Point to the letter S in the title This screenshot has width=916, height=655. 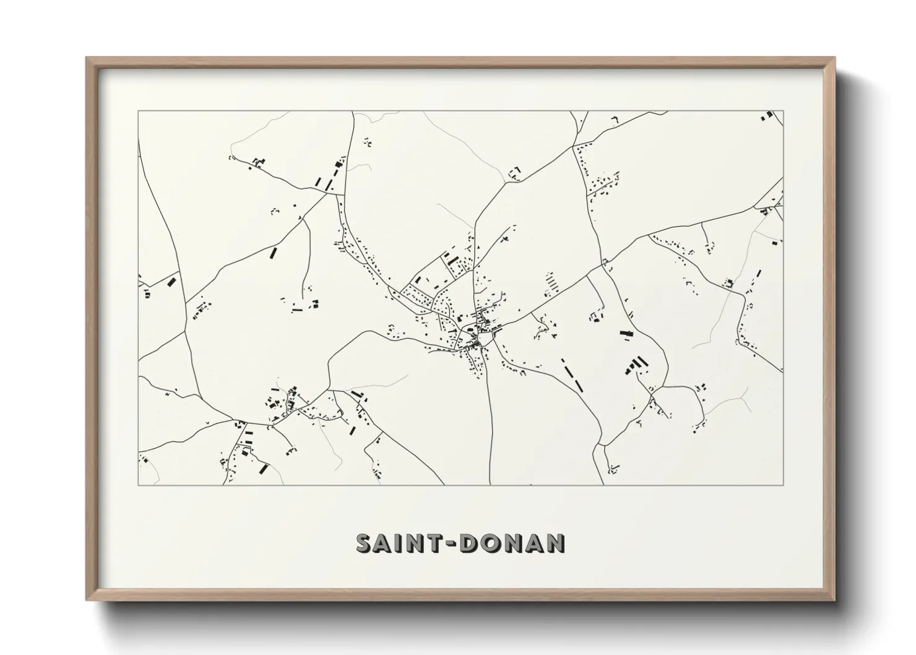(364, 543)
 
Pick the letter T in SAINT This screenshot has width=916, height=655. (435, 543)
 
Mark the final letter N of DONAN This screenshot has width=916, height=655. (555, 543)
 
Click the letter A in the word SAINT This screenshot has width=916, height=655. (384, 543)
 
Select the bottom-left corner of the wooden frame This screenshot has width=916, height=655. (87, 599)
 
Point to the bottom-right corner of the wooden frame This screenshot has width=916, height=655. (834, 599)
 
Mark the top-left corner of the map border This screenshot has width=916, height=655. (138, 111)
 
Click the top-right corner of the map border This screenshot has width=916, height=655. (784, 111)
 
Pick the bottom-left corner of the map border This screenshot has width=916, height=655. (138, 485)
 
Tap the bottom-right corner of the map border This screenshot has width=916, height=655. (784, 485)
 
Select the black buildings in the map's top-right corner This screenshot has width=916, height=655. (768, 115)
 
